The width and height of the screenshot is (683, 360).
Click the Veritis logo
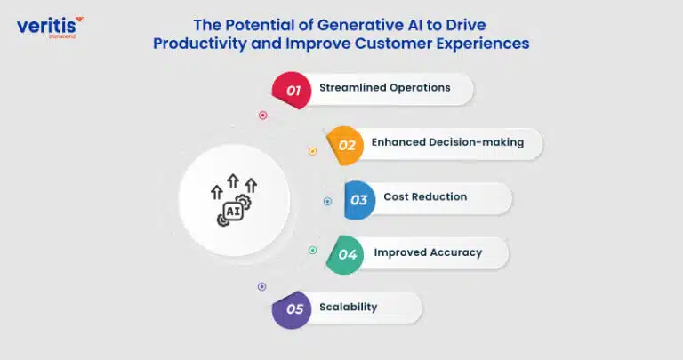pos(50,28)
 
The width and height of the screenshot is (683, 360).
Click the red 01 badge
pos(292,90)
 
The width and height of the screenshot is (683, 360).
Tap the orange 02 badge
pos(345,146)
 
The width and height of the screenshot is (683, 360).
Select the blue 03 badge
pos(360,200)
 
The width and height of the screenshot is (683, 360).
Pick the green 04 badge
pos(345,254)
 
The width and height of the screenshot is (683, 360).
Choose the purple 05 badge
pos(292,309)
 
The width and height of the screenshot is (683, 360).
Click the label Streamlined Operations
pos(384,87)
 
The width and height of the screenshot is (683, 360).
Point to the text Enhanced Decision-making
pos(447,142)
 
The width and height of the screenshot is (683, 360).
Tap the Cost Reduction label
pos(425,196)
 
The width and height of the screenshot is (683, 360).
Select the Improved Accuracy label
pos(428,252)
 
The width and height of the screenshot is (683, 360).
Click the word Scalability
pos(348,307)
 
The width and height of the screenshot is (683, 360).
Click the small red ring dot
pos(262,116)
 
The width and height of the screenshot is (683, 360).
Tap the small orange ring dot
pos(313,151)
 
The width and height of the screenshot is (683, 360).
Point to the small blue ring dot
pos(327,201)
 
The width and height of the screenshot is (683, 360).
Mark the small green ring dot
pos(313,251)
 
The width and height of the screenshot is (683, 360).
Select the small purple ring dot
pos(261,286)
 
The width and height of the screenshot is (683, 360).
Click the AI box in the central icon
pos(233,212)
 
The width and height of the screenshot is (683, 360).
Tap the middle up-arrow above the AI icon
pos(234,181)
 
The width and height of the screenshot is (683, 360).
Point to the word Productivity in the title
pos(199,44)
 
